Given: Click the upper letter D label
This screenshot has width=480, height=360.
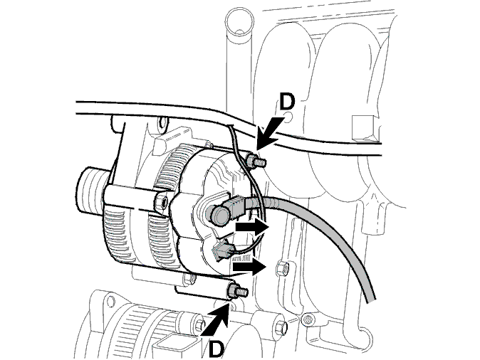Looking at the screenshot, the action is [x=287, y=102].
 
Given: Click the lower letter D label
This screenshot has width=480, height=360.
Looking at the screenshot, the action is [x=216, y=349].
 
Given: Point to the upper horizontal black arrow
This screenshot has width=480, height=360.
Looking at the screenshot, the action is [x=251, y=228].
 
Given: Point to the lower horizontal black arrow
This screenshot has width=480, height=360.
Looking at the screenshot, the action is [x=249, y=267].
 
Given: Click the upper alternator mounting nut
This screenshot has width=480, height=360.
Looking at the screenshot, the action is [x=251, y=162].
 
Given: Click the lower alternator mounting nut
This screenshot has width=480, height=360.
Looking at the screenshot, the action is [x=231, y=291].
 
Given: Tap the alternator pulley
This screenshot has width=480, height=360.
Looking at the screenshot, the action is [x=92, y=190].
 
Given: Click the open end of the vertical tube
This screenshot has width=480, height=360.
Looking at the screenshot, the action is [x=239, y=21].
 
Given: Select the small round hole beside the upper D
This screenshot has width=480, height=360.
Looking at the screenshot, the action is [x=286, y=117].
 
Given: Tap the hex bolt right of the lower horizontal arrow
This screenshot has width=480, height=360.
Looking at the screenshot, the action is [x=282, y=268].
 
